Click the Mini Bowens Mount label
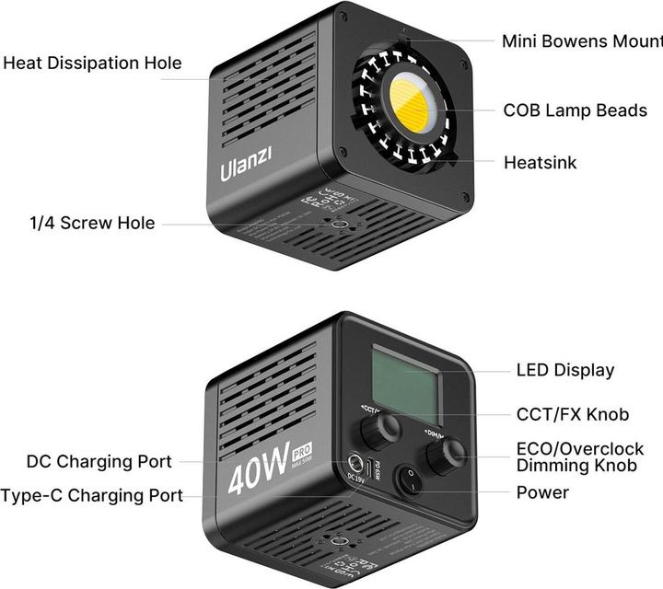click(581, 41)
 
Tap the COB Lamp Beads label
click(575, 110)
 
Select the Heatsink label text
click(541, 163)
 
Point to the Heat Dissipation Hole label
click(92, 64)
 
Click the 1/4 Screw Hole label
click(89, 223)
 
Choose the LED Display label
click(565, 370)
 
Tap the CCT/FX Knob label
click(573, 414)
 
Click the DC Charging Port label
click(99, 461)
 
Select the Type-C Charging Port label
click(92, 495)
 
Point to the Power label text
click(542, 492)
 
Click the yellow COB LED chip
click(411, 103)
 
